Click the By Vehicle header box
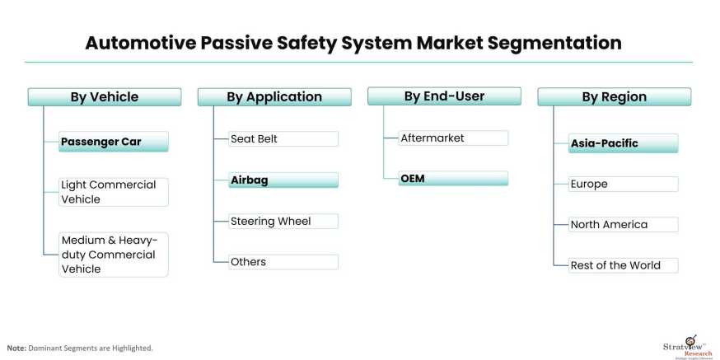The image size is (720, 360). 104,97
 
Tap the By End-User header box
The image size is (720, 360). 444,96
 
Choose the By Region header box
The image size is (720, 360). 614,97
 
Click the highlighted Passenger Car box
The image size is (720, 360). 114,142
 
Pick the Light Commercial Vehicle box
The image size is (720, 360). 114,192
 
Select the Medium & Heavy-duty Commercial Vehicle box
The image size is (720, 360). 114,255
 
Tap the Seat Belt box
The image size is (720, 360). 283,138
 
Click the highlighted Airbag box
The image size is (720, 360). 283,180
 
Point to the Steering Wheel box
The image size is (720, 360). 283,221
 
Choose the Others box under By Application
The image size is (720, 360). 283,262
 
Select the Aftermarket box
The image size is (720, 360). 453,138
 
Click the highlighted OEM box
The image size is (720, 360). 453,178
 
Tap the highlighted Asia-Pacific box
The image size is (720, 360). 624,143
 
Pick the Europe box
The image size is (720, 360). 624,184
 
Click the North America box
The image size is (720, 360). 624,224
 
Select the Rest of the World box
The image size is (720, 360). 624,265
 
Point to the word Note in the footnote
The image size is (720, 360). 16,348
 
